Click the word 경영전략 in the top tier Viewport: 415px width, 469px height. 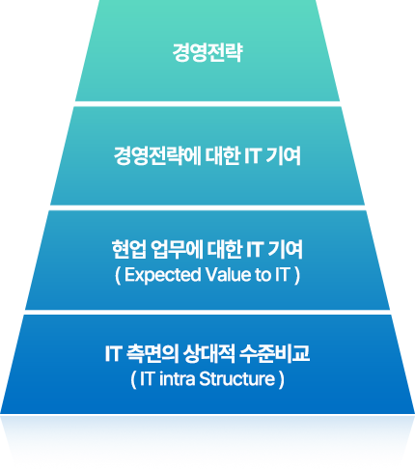click(207, 52)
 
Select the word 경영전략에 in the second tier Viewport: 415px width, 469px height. click(157, 156)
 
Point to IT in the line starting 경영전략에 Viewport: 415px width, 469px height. click(252, 156)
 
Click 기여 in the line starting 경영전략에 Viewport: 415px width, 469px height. click(283, 156)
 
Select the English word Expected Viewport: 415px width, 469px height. click(162, 275)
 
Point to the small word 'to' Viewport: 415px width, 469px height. click(263, 275)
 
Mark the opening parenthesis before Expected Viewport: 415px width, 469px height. click(118, 276)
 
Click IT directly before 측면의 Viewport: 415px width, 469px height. click(113, 354)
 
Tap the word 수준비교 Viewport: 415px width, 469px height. click(274, 353)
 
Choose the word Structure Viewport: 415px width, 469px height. click(236, 379)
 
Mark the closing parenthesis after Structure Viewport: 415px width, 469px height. click(282, 380)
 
